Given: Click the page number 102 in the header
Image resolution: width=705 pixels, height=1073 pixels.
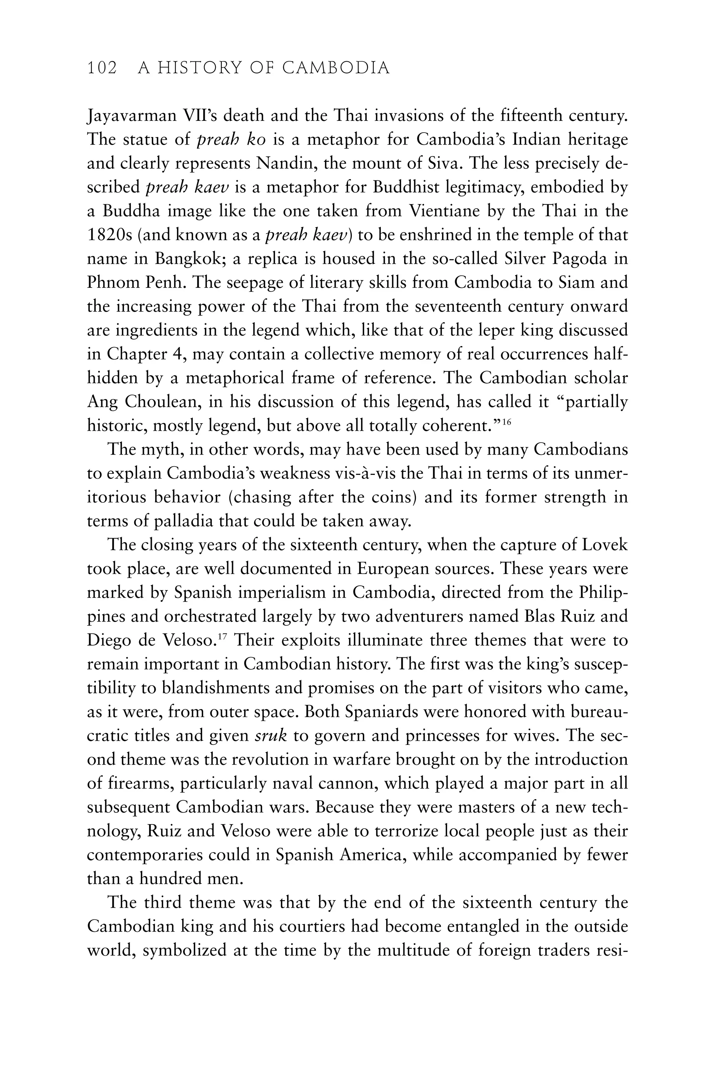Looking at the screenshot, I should (x=102, y=68).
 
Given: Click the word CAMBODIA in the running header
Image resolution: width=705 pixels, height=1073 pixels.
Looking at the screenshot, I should (x=336, y=68).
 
